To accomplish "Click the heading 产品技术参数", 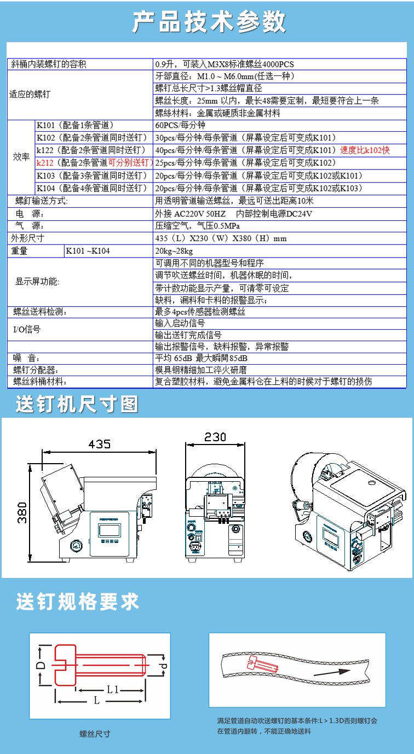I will tap(209, 22).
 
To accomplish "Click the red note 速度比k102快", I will tap(365, 150).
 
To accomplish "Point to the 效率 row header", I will tap(21, 156).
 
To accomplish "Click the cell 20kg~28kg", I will tap(174, 251).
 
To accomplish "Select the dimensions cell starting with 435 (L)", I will tap(221, 238).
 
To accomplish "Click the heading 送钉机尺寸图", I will tap(77, 404).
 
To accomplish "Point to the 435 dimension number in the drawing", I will tap(100, 444).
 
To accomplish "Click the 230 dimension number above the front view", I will tap(215, 437).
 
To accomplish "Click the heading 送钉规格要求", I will tap(78, 601).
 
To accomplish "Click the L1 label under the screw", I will tap(113, 690).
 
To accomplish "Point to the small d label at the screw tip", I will tap(164, 666).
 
